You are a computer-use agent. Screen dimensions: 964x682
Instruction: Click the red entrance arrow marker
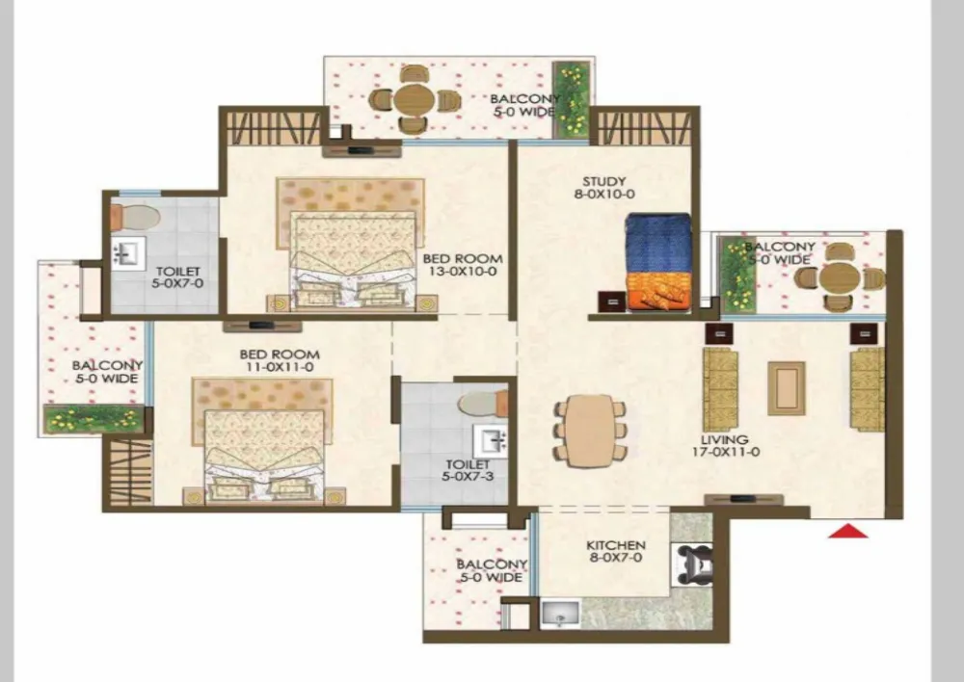click(x=848, y=531)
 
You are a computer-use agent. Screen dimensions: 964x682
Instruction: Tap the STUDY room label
click(x=604, y=181)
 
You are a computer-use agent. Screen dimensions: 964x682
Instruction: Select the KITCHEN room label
click(x=616, y=545)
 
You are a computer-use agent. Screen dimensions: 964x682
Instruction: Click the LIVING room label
click(x=725, y=439)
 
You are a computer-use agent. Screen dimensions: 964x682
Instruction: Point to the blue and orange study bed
click(x=659, y=262)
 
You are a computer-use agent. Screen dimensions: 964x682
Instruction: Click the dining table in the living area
click(x=590, y=432)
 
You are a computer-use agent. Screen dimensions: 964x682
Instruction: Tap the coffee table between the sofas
click(x=786, y=387)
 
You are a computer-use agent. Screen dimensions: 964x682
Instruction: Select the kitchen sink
click(x=560, y=614)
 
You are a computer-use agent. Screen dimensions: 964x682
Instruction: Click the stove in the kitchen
click(x=693, y=564)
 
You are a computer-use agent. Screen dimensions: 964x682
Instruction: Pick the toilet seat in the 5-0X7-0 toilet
click(x=135, y=217)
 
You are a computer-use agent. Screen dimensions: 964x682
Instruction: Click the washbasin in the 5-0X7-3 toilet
click(x=490, y=440)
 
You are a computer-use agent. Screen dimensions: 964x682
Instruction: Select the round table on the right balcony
click(x=839, y=278)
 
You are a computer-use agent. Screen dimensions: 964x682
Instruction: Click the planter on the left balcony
click(x=94, y=419)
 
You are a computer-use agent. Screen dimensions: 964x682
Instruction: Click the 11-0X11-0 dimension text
click(x=280, y=367)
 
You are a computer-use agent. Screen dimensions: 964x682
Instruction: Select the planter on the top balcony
click(x=571, y=99)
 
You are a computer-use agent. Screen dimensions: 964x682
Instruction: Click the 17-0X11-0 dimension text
click(x=725, y=452)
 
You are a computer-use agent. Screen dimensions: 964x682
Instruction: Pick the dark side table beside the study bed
click(x=612, y=302)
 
